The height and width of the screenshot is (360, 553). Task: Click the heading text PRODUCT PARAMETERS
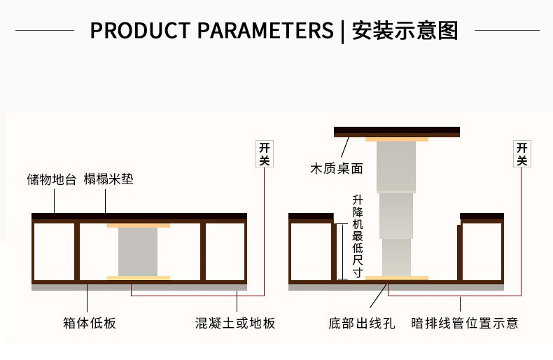coord(211,31)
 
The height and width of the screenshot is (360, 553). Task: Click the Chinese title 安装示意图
coord(405,31)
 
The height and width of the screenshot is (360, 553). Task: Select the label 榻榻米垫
coord(108,179)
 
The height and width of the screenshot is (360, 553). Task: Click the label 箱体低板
coord(89,323)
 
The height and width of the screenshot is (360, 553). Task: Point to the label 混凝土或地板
coord(235,323)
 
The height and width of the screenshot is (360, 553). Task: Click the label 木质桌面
coord(337,168)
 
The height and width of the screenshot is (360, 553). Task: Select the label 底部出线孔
coord(361,323)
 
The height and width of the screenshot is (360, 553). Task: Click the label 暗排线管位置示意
coord(465,323)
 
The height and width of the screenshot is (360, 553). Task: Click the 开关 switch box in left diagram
coord(264,154)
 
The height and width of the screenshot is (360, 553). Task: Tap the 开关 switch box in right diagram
coord(522,154)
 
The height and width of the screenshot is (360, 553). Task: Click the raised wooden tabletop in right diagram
coord(397,131)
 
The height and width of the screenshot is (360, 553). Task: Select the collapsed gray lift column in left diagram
coord(138,251)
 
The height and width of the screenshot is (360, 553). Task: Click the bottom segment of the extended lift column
coord(396,257)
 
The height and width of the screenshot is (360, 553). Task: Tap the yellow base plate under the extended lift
coord(396,278)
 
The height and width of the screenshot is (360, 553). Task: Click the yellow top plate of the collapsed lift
coord(138,226)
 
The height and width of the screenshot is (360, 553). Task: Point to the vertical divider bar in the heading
coord(343,32)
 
